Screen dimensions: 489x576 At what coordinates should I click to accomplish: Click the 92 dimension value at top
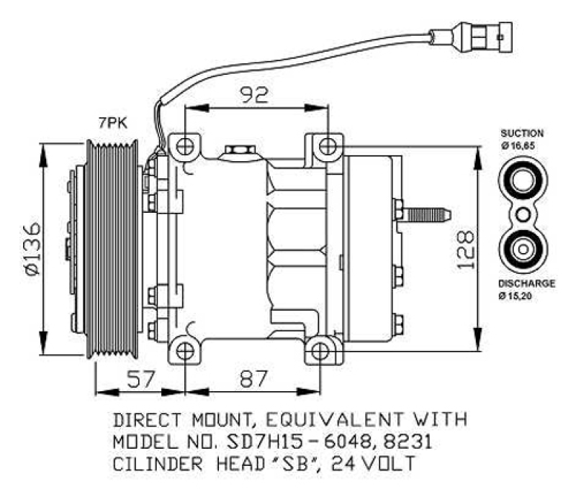pyautogui.click(x=256, y=93)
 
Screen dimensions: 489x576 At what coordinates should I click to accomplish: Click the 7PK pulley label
pyautogui.click(x=112, y=124)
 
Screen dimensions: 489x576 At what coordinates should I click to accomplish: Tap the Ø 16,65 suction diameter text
pyautogui.click(x=522, y=146)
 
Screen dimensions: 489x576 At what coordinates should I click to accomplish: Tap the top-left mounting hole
pyautogui.click(x=185, y=146)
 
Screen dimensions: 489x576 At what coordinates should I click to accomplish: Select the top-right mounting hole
pyautogui.click(x=328, y=146)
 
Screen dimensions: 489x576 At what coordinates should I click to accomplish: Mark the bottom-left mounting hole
pyautogui.click(x=185, y=351)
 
